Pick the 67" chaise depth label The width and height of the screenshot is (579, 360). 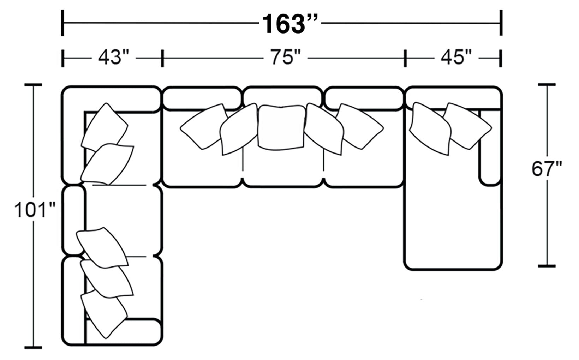pyautogui.click(x=547, y=169)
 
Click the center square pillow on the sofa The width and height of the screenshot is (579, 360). pyautogui.click(x=281, y=127)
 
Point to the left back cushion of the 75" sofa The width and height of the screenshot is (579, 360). pyautogui.click(x=201, y=97)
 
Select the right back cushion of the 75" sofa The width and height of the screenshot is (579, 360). pyautogui.click(x=364, y=97)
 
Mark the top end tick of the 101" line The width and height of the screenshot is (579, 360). pyautogui.click(x=34, y=85)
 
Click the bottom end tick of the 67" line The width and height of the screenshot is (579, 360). pyautogui.click(x=547, y=266)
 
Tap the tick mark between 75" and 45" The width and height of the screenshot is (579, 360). pyautogui.click(x=405, y=58)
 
